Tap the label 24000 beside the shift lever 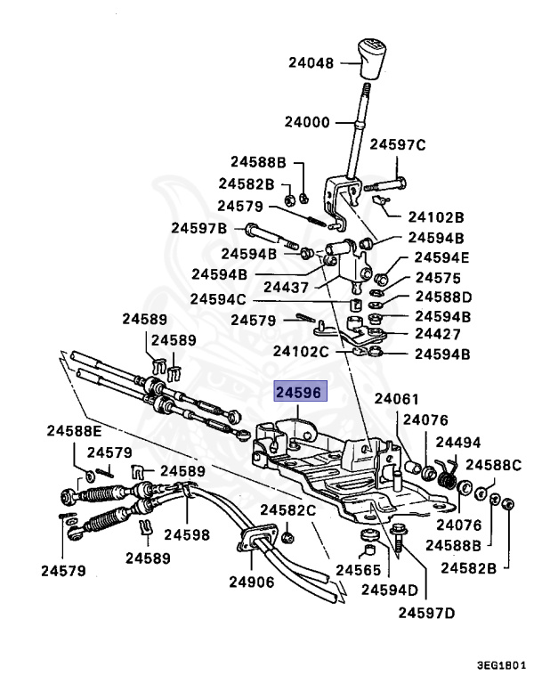[308, 122]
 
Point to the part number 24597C [398, 143]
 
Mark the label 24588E [75, 432]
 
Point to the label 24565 [358, 570]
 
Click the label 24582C [287, 510]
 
